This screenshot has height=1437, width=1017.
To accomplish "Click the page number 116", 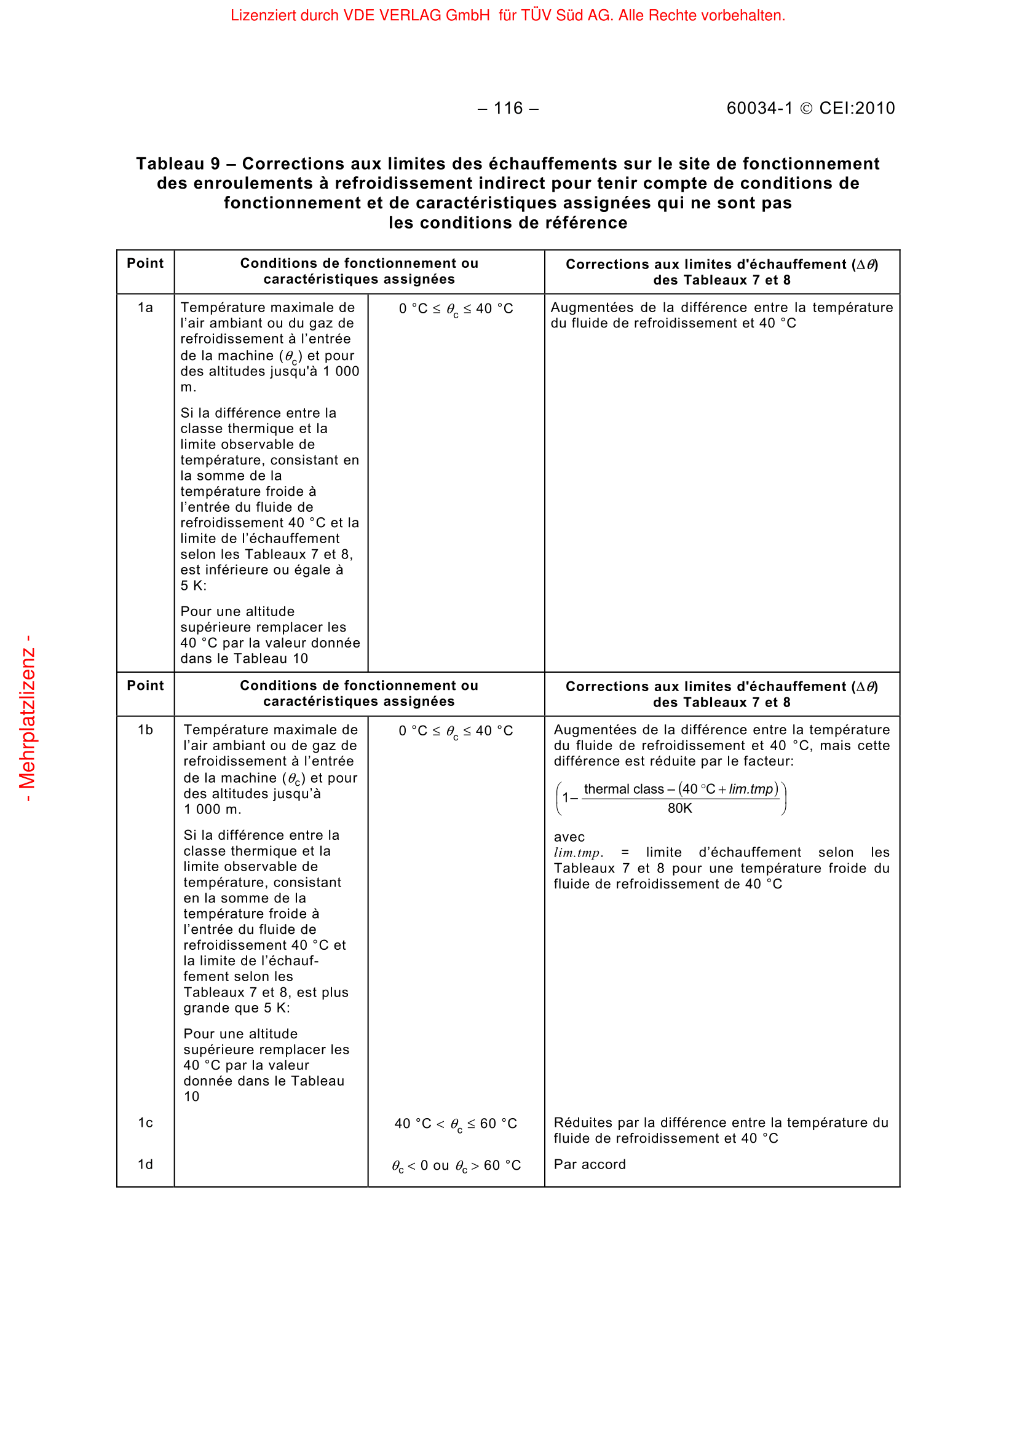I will [x=507, y=109].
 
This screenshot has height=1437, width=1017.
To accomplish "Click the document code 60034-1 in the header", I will [x=759, y=109].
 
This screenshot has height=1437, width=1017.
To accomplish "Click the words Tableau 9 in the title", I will [x=178, y=164].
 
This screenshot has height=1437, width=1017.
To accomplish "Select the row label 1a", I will [x=145, y=308].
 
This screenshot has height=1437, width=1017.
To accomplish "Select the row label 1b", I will [x=145, y=730].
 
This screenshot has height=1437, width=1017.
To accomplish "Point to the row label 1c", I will [x=145, y=1123].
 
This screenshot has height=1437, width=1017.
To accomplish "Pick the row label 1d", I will [x=145, y=1164].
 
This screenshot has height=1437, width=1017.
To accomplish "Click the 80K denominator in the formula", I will [x=679, y=808].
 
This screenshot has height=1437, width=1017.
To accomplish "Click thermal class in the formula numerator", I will [x=623, y=789].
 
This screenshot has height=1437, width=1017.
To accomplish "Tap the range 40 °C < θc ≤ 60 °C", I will [x=456, y=1124].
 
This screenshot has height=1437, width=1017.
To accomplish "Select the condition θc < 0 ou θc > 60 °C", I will [x=456, y=1165].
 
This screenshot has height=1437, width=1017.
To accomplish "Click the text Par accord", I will [x=589, y=1164].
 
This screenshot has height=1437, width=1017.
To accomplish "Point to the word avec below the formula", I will [x=569, y=837].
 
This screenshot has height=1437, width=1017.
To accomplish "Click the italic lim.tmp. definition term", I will [x=578, y=853].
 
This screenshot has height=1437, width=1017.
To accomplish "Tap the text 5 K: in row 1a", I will [x=193, y=586].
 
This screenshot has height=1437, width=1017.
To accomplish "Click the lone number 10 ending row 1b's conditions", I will [x=191, y=1097].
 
